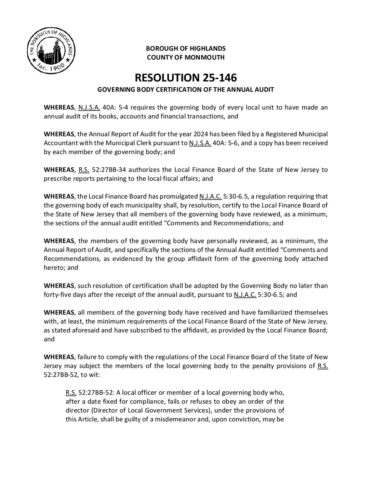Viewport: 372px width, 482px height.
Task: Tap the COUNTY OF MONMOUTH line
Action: point(186,57)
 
